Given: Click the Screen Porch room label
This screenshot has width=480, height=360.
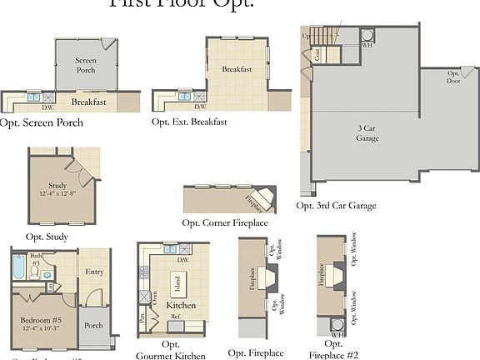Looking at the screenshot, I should point(86,65).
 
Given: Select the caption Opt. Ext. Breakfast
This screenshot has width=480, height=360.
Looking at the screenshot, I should point(190,122).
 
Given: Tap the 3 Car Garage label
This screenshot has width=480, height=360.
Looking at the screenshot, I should point(367,133).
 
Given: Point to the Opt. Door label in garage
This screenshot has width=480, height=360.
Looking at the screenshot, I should point(453,77).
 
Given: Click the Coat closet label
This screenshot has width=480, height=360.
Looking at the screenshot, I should point(317,53).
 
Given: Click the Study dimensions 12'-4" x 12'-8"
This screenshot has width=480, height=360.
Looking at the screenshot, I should point(57,194).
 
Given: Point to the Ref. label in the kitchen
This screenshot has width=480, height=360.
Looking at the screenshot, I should point(175,316).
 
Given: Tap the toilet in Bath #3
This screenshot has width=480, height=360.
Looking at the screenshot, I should point(47,272).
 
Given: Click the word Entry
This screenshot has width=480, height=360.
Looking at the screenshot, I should point(93,272).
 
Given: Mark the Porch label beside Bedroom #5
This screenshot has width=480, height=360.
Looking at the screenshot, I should point(93,325).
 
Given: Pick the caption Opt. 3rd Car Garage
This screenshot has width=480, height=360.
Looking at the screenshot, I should point(336,205).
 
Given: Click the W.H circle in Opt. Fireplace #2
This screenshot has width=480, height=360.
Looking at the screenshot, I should point(337,324).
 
